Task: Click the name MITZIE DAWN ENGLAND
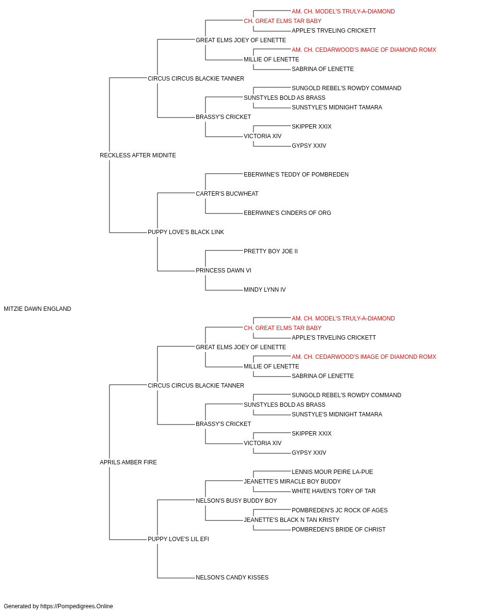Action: point(37,309)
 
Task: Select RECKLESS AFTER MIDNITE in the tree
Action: point(138,155)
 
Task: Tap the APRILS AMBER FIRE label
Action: point(128,462)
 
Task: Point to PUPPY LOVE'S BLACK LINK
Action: point(186,232)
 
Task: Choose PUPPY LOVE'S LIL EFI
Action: point(179,539)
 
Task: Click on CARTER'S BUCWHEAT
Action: point(227,194)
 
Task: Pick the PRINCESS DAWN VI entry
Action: point(223,271)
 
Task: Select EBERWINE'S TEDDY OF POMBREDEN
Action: point(296,175)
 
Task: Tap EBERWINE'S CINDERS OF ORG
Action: point(287,213)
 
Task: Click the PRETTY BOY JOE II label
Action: point(271,251)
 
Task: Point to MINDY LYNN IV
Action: point(264,290)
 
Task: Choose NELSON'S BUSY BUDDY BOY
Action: point(236,501)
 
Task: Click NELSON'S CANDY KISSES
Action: point(232,578)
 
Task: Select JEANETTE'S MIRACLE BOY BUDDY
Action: point(292,482)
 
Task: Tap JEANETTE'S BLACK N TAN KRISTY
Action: point(291,520)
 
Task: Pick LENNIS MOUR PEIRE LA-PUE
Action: point(332,472)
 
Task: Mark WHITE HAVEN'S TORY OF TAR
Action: point(334,491)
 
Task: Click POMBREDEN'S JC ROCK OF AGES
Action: point(339,510)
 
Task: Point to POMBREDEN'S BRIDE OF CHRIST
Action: point(338,530)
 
